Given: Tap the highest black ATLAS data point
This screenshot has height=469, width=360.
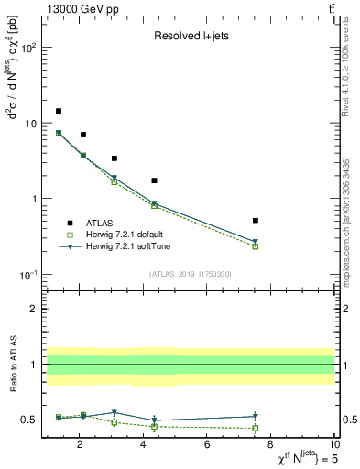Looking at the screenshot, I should click(x=59, y=111).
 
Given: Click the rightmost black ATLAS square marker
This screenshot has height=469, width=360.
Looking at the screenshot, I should click(x=256, y=221).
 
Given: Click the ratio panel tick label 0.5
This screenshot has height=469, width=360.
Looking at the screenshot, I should click(x=28, y=420).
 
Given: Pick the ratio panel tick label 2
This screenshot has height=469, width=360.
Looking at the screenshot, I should click(x=33, y=309).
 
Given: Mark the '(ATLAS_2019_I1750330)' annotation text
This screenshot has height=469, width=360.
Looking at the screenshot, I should click(x=189, y=274).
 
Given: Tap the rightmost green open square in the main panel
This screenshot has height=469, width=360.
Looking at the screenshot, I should click(x=256, y=246).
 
